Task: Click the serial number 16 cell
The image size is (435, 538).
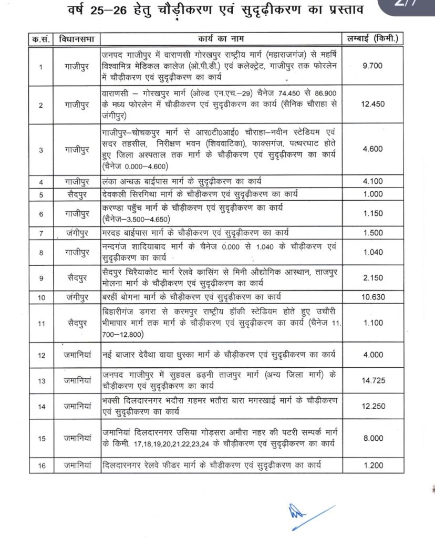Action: (x=42, y=465)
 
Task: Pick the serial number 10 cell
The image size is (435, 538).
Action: (x=42, y=297)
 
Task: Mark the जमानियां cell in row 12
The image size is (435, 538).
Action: (x=75, y=355)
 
